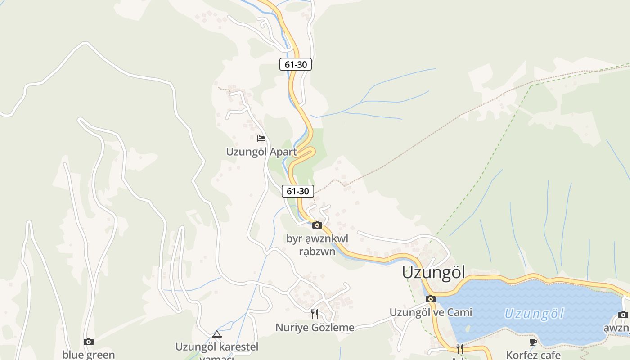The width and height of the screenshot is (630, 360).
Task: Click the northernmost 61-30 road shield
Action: coord(296,64)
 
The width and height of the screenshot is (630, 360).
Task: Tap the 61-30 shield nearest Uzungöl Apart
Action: coord(298,191)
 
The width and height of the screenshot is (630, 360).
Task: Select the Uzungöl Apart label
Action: coord(261,152)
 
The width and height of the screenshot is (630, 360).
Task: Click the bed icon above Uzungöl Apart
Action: coord(261,139)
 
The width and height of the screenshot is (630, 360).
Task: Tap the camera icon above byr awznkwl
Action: coord(317,225)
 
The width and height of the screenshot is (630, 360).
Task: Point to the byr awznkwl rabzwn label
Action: coord(317,245)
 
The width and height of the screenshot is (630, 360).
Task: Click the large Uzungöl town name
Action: coord(433,273)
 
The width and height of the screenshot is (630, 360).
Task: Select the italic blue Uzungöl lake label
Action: coord(534,313)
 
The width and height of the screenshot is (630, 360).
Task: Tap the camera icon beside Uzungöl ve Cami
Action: coord(431,299)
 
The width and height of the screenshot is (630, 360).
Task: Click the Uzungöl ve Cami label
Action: coord(431,312)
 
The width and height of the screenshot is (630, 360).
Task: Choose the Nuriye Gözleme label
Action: coord(315,328)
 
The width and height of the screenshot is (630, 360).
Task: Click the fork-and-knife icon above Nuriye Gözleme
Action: coord(315,314)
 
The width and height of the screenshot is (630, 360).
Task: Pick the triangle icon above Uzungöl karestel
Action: coord(217,334)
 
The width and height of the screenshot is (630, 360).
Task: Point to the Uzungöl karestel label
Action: coord(217,347)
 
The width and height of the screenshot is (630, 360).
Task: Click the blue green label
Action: coord(89,355)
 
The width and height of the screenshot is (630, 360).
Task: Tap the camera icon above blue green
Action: coord(89,342)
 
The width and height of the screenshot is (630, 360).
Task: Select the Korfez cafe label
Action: coord(533,355)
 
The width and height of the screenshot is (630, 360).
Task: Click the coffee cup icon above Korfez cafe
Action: coord(533,342)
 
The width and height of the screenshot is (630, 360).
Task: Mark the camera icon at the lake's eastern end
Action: coord(623,315)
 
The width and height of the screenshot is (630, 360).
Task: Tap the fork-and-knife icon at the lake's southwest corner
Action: coord(459,348)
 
